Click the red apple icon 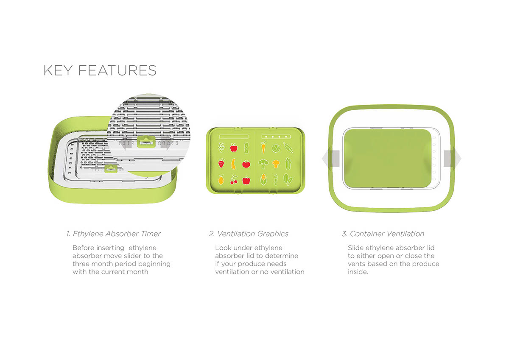click(x=233, y=148)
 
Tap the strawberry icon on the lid click(x=221, y=163)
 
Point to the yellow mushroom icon click(x=276, y=163)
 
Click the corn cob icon click(x=264, y=179)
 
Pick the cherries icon click(x=233, y=180)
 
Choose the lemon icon click(x=221, y=180)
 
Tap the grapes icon click(x=221, y=148)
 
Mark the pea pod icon click(x=288, y=148)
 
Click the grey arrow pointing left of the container click(x=330, y=159)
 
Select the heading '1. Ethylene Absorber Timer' click(x=113, y=234)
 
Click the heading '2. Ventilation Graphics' click(x=249, y=234)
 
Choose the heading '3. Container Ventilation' click(x=383, y=234)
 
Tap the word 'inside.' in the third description click(x=358, y=272)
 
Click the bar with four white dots click(x=277, y=137)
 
